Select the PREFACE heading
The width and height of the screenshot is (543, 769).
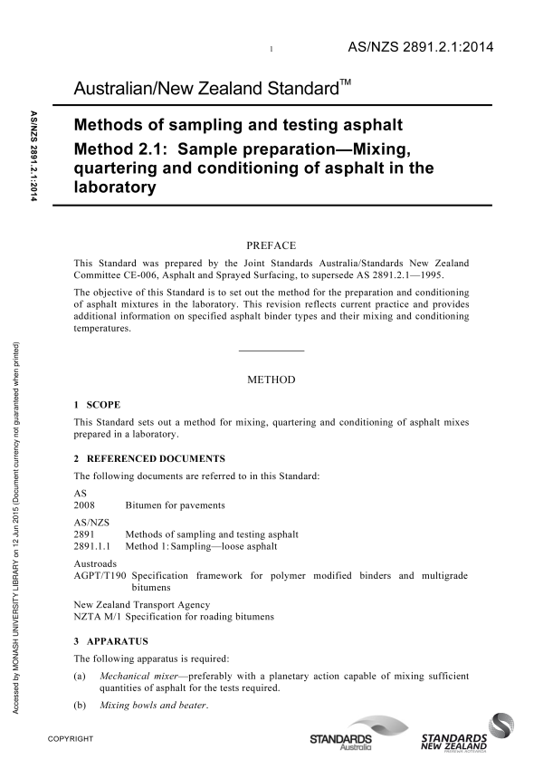pos(271,244)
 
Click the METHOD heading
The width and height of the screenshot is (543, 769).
pos(271,380)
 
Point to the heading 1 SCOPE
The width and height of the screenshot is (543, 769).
pos(97,404)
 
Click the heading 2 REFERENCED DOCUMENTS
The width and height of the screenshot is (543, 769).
pos(149,458)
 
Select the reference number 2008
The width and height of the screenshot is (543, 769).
pos(84,505)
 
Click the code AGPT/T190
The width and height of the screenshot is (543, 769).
pos(100,575)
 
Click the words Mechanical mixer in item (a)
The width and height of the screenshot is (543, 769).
pos(136,675)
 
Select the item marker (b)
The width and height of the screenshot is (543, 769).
pos(81,705)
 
